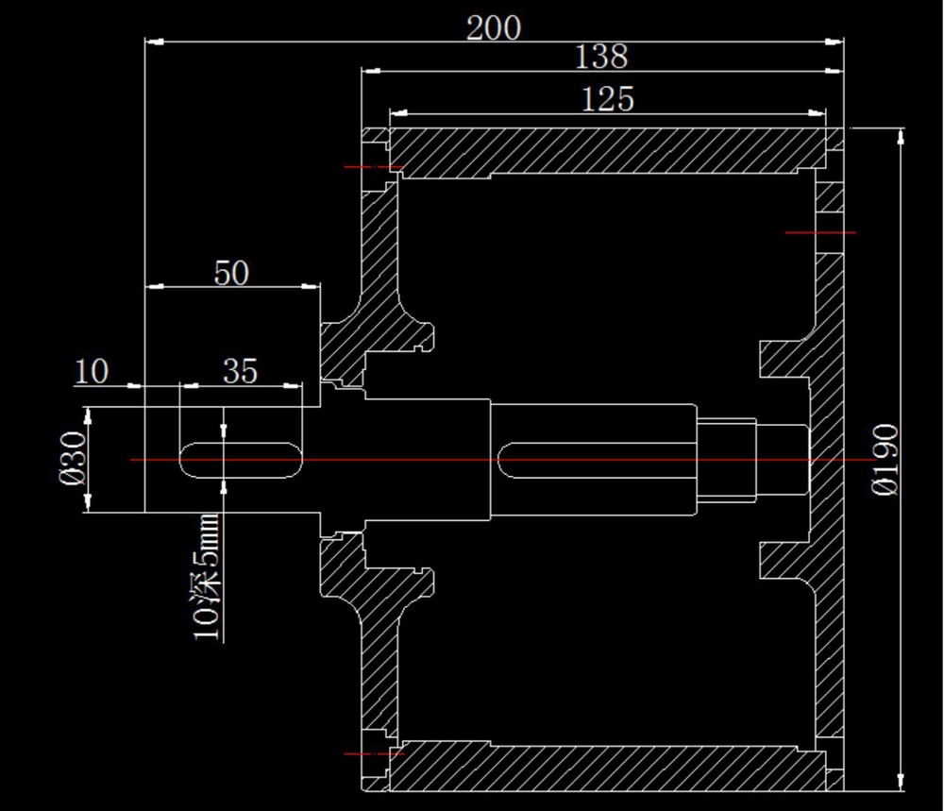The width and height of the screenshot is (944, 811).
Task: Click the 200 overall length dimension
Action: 494,28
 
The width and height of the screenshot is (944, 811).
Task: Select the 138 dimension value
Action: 601,57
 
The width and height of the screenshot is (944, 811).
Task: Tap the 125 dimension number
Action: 607,99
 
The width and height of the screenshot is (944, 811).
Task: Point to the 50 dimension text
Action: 231,274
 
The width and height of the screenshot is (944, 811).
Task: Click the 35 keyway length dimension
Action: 240,371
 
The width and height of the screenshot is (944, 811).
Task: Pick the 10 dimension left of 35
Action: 92,371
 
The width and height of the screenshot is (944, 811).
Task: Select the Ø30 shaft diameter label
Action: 74,458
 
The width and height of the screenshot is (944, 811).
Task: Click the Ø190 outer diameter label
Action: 885,460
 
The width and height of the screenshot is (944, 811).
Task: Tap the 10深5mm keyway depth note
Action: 206,577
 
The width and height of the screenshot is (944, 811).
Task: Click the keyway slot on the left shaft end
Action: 241,461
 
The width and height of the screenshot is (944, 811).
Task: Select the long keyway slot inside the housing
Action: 597,460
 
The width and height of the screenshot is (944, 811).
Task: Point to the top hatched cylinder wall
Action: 607,153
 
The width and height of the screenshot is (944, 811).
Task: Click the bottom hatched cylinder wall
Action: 607,766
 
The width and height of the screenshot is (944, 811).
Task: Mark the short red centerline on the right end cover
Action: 820,232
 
